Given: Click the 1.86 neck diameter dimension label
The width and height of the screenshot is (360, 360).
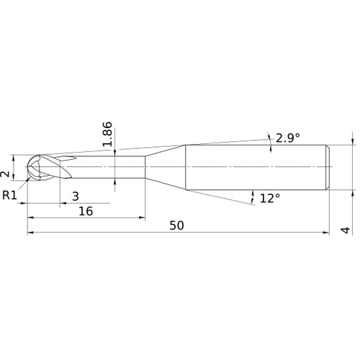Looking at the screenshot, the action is click(x=107, y=135).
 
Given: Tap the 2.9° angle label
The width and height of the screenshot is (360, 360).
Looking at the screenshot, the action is click(x=288, y=138).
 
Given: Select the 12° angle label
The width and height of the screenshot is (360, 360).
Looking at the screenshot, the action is click(x=270, y=199).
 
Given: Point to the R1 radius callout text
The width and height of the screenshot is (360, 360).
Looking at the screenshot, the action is click(x=9, y=195).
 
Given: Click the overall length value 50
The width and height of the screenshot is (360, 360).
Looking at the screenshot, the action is click(x=176, y=225).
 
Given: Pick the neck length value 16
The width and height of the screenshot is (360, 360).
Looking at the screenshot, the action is click(x=86, y=211).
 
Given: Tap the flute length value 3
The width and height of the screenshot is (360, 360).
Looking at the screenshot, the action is click(x=76, y=197).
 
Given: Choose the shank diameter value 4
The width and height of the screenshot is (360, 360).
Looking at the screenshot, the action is click(x=346, y=230).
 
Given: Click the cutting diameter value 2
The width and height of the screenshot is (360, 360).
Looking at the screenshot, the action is click(x=5, y=174).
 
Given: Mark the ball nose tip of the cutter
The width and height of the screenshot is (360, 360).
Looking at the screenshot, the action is click(x=26, y=166).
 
